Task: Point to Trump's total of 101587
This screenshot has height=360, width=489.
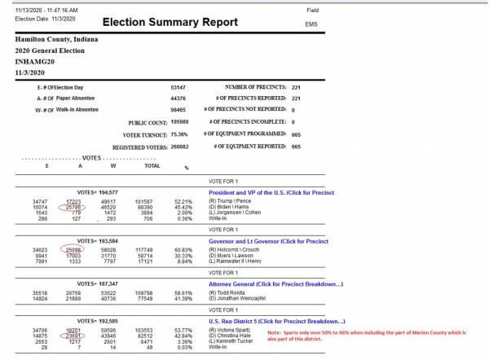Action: click(x=143, y=201)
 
